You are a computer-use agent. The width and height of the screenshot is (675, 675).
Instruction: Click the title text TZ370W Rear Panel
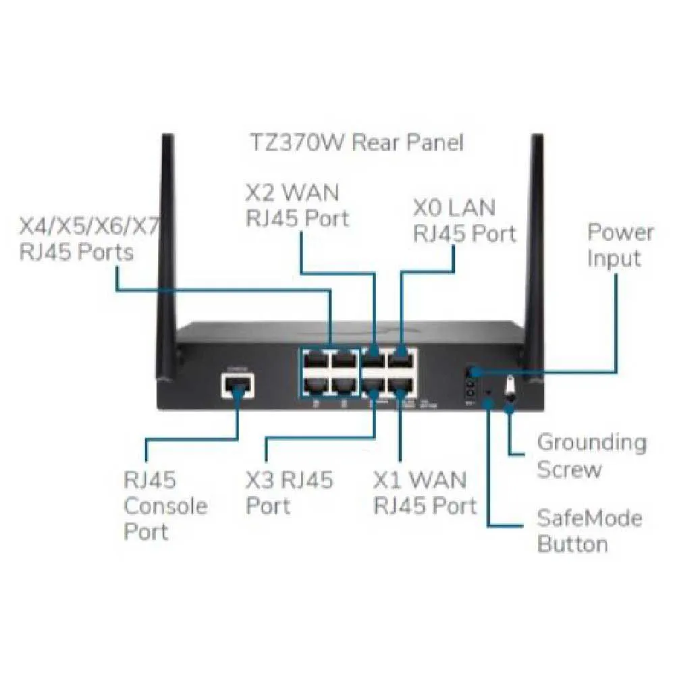click(357, 143)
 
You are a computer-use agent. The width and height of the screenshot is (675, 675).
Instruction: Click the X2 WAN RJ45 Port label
click(297, 205)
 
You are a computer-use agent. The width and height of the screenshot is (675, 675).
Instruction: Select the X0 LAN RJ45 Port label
click(464, 220)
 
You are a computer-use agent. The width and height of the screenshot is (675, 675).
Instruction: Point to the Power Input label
click(620, 245)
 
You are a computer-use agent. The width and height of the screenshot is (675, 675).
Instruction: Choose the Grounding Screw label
click(591, 456)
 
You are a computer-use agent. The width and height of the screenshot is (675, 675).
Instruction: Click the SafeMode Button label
click(589, 531)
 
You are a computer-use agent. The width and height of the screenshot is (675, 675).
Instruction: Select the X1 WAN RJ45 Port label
click(425, 492)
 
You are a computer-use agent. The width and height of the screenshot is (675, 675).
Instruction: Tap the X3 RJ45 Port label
click(289, 492)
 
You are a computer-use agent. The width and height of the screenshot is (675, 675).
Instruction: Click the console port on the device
click(238, 386)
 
